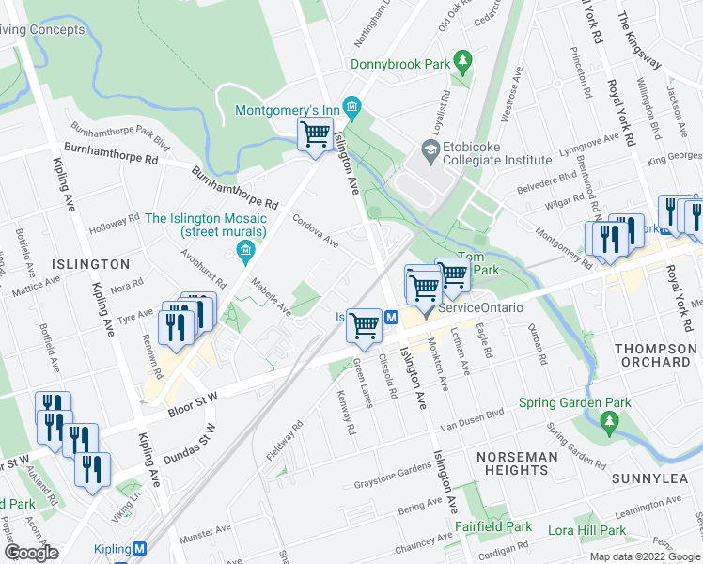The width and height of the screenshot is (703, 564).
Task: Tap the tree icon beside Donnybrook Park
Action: pyautogui.click(x=462, y=61)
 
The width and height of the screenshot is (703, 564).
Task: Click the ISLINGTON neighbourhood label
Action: pyautogui.click(x=91, y=264)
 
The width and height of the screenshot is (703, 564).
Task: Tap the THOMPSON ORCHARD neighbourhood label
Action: pyautogui.click(x=655, y=354)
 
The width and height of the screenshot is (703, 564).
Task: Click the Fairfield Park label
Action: pyautogui.click(x=494, y=527)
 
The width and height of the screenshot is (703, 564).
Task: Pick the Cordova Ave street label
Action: pyautogui.click(x=315, y=231)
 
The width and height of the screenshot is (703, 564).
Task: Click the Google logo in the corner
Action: pyautogui.click(x=31, y=553)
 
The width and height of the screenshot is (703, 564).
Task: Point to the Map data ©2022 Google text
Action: pyautogui.click(x=645, y=556)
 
